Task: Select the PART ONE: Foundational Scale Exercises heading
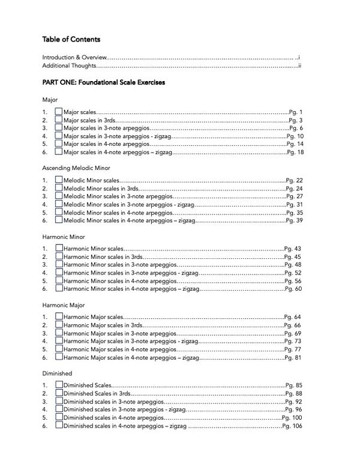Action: (x=103, y=82)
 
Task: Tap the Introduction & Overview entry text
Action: (x=74, y=57)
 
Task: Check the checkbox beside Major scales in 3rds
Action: (x=59, y=120)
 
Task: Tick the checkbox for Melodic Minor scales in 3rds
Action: (x=59, y=188)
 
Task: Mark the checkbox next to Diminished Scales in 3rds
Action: (x=59, y=393)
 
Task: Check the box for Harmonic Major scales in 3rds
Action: (x=59, y=324)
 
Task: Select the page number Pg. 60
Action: (x=293, y=289)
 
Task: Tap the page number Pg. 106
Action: (x=292, y=426)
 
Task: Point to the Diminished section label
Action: (x=58, y=372)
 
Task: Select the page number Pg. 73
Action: (x=293, y=341)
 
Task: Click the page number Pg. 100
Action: (x=292, y=417)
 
